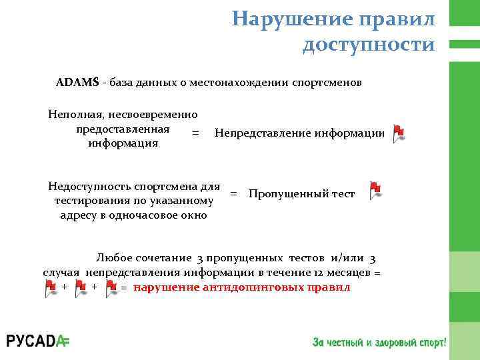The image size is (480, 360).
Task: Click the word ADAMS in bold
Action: [x=77, y=83]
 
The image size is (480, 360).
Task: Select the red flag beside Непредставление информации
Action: [x=398, y=133]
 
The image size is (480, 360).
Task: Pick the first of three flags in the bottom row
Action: [x=51, y=287]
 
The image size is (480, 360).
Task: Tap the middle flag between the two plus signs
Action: [x=81, y=287]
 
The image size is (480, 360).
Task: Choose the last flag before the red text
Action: [x=111, y=287]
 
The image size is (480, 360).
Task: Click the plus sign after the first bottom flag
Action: [x=64, y=287]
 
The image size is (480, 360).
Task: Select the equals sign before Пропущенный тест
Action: [x=233, y=194]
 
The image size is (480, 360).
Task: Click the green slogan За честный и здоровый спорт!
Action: [x=379, y=342]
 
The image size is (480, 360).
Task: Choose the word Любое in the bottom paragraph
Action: [x=113, y=258]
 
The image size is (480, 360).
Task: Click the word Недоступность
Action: [x=89, y=186]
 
